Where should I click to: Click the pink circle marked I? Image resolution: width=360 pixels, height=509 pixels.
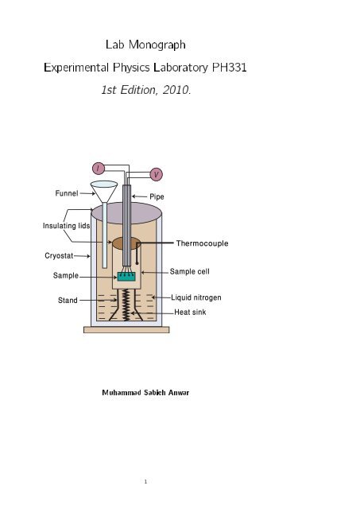pyautogui.click(x=98, y=168)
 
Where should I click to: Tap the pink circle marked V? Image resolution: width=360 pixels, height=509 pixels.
pyautogui.click(x=157, y=174)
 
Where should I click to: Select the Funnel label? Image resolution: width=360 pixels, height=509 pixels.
pyautogui.click(x=67, y=193)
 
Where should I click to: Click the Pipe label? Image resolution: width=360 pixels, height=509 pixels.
pyautogui.click(x=157, y=196)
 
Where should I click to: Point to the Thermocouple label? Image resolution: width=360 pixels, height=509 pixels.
pyautogui.click(x=202, y=243)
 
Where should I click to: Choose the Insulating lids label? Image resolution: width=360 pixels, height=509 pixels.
pyautogui.click(x=66, y=226)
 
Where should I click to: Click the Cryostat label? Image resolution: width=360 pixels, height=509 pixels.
pyautogui.click(x=59, y=255)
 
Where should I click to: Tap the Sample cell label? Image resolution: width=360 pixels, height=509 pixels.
pyautogui.click(x=190, y=271)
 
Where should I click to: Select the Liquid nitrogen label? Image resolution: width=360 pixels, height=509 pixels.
pyautogui.click(x=196, y=297)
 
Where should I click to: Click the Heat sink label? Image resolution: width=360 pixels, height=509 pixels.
pyautogui.click(x=190, y=312)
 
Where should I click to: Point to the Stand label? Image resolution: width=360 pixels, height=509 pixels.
pyautogui.click(x=68, y=301)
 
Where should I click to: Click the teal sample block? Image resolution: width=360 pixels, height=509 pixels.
pyautogui.click(x=126, y=277)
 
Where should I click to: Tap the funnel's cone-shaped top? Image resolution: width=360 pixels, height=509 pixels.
pyautogui.click(x=104, y=191)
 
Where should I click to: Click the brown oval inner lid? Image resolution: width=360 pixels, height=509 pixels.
pyautogui.click(x=126, y=243)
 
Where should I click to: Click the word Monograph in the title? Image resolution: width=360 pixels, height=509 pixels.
pyautogui.click(x=157, y=45)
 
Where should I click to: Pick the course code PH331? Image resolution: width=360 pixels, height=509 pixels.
pyautogui.click(x=230, y=68)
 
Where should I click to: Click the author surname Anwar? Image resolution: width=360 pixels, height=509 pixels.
pyautogui.click(x=179, y=392)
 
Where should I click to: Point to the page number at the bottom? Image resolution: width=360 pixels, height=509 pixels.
pyautogui.click(x=145, y=481)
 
